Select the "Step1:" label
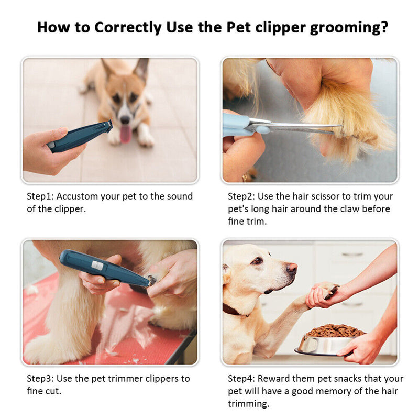[40, 196]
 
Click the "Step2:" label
[241, 196]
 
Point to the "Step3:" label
[40, 378]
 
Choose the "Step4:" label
[241, 378]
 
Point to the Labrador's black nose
[292, 269]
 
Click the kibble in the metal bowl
[335, 331]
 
